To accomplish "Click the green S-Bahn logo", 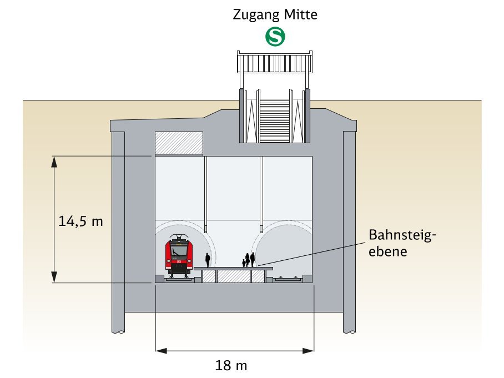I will click(x=275, y=37).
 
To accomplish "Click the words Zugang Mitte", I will click(x=275, y=14).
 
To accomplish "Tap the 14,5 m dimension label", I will click(x=81, y=221).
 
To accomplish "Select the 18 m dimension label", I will click(x=231, y=366).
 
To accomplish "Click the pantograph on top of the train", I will click(x=179, y=238).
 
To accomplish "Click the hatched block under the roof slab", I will click(x=178, y=143).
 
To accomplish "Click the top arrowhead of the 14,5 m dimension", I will click(x=54, y=160).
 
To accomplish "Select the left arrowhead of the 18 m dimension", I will click(x=160, y=350).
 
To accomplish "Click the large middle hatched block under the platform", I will click(x=233, y=276).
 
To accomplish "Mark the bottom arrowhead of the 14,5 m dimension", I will click(x=54, y=278).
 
